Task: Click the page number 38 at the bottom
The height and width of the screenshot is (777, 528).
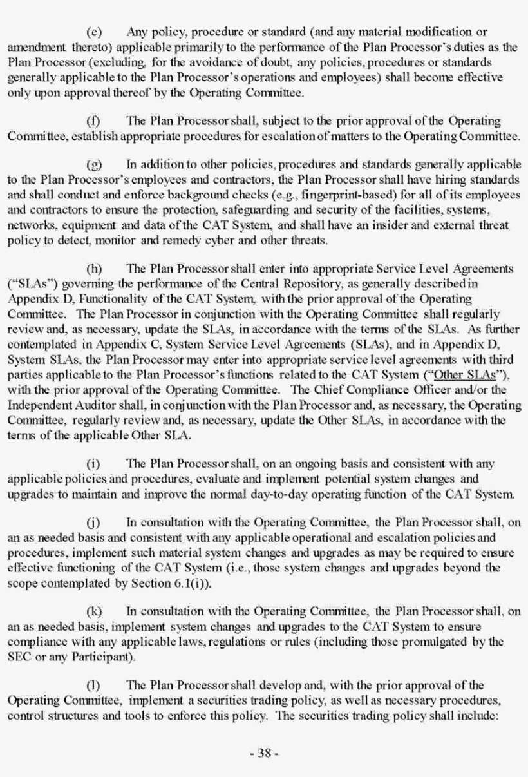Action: [264, 753]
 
